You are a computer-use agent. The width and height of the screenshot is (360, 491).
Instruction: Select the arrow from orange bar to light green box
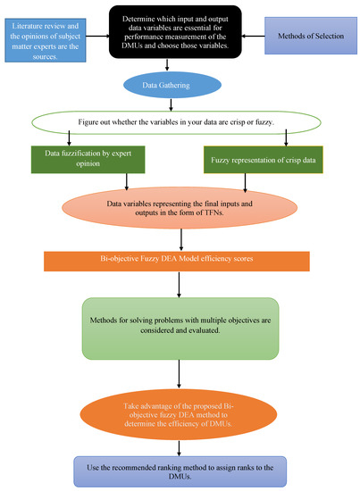(x=180, y=284)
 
